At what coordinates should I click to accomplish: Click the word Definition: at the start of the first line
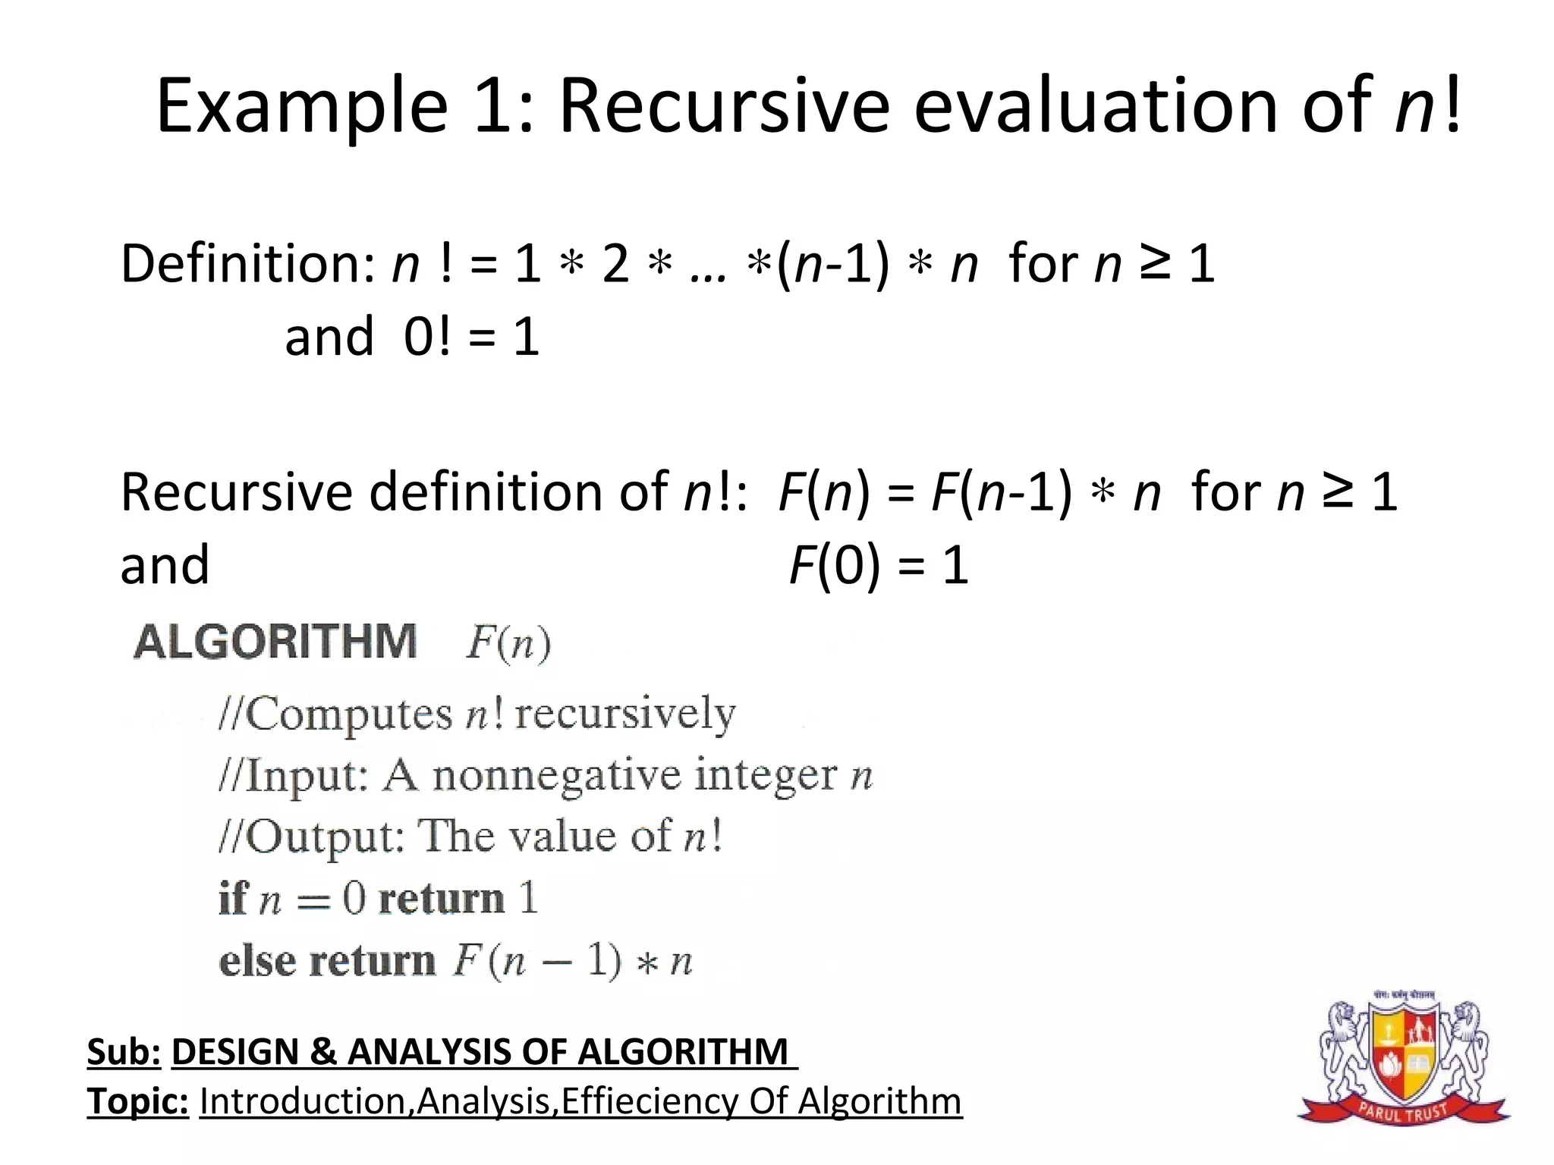247,264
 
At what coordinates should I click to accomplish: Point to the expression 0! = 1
471,337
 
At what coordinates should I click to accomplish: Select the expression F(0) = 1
879,566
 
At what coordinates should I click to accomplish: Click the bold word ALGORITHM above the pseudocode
275,642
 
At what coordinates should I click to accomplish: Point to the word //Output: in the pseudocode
311,837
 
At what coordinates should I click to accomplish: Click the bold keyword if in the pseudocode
233,899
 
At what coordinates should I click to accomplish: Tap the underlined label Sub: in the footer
124,1052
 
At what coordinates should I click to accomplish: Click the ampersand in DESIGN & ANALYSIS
322,1052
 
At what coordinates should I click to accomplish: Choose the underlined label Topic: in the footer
137,1101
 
